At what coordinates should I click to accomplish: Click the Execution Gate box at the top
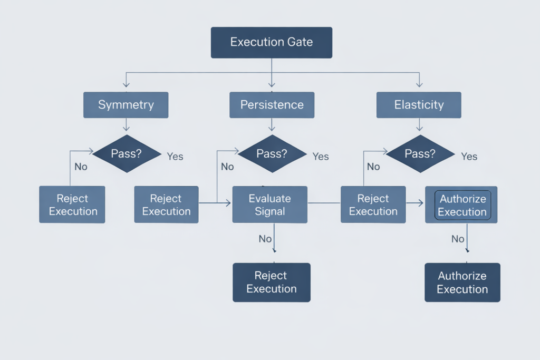pyautogui.click(x=271, y=42)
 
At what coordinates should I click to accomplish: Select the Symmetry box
pyautogui.click(x=126, y=104)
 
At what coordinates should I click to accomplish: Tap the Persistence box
pyautogui.click(x=272, y=104)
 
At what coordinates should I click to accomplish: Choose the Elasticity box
pyautogui.click(x=419, y=104)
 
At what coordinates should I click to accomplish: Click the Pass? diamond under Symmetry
pyautogui.click(x=127, y=153)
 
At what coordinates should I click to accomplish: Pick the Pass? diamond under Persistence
pyautogui.click(x=272, y=153)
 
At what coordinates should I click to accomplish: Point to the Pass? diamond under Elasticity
pyautogui.click(x=420, y=153)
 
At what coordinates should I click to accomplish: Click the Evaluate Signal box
pyautogui.click(x=269, y=205)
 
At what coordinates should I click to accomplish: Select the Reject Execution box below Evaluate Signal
pyautogui.click(x=271, y=282)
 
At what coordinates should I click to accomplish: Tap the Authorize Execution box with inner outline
pyautogui.click(x=462, y=205)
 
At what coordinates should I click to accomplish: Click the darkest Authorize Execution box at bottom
pyautogui.click(x=462, y=282)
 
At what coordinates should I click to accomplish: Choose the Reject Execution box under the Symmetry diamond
pyautogui.click(x=72, y=205)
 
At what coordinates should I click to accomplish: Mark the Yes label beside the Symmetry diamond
pyautogui.click(x=175, y=157)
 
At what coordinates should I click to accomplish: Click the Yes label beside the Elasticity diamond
pyautogui.click(x=469, y=157)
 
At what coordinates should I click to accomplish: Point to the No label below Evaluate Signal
pyautogui.click(x=265, y=239)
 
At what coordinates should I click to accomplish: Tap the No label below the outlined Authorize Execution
pyautogui.click(x=458, y=239)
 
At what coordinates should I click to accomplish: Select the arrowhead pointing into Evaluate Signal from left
pyautogui.click(x=228, y=202)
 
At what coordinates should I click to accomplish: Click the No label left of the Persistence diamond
pyautogui.click(x=227, y=167)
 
